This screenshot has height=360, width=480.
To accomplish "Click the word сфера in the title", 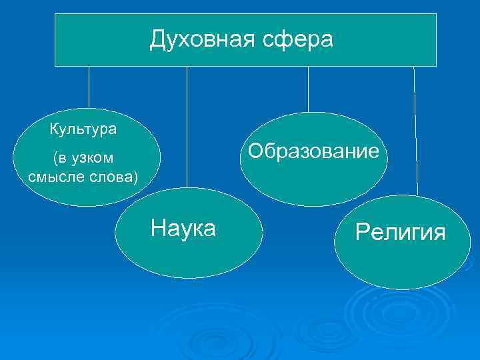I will click(x=299, y=40).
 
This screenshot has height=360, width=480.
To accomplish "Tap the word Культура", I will click(x=83, y=129).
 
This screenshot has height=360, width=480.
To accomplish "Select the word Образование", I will click(x=313, y=151).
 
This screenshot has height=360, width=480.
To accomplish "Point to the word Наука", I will click(x=183, y=228).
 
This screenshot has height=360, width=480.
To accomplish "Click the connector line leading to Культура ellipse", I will click(x=89, y=87).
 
